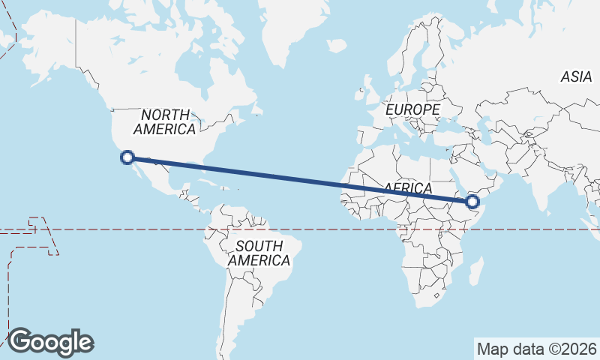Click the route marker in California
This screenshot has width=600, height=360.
tap(127, 157)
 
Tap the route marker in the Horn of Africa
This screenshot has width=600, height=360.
tap(473, 201)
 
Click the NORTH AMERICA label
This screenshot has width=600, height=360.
tap(165, 121)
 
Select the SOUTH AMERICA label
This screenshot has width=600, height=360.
tap(259, 253)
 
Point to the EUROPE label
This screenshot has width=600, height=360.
tap(412, 109)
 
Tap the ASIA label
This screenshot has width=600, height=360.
tap(576, 76)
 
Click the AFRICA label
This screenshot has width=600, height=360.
tap(408, 187)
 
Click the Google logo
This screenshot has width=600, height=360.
tap(51, 342)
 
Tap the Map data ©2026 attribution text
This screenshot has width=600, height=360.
tap(537, 349)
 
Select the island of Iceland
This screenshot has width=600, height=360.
tap(337, 46)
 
